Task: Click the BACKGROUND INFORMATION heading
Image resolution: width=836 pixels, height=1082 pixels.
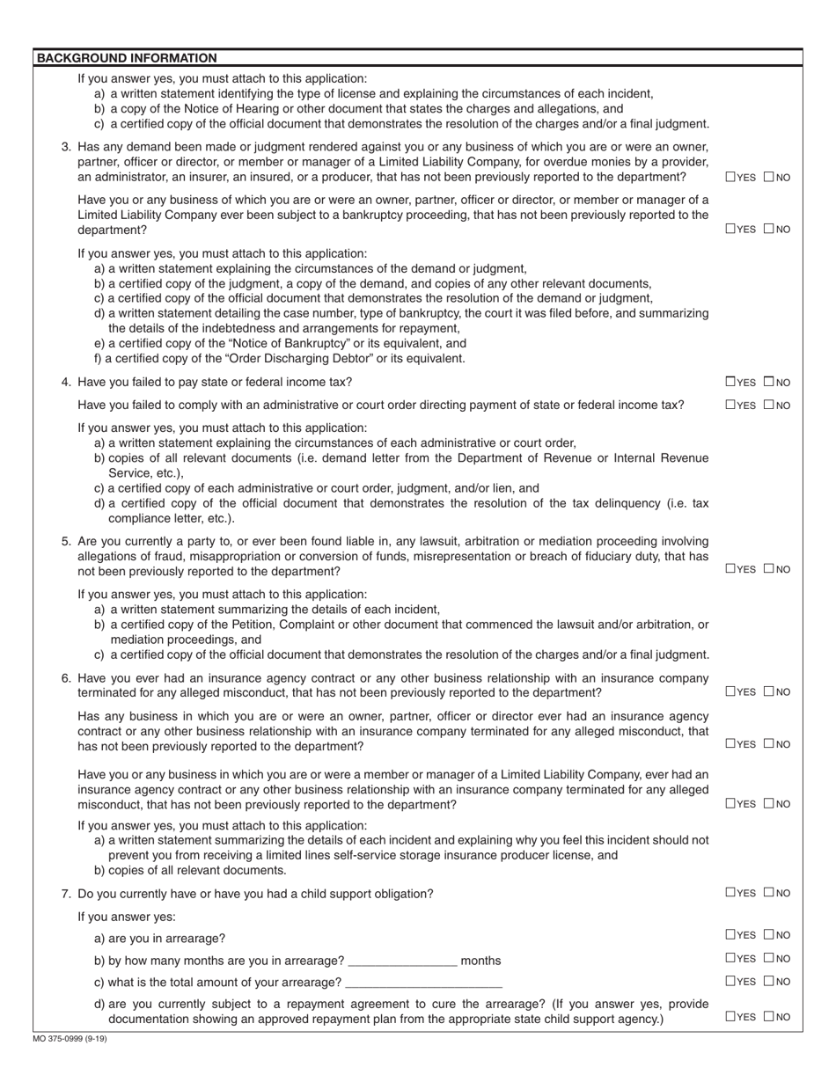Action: [126, 58]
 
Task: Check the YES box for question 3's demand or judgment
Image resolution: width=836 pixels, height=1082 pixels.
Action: [730, 177]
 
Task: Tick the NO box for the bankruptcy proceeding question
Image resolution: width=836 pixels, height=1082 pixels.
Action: [768, 230]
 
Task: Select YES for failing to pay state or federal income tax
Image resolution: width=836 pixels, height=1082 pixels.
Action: [730, 382]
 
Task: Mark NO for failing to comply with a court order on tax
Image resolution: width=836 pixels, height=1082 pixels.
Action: [768, 405]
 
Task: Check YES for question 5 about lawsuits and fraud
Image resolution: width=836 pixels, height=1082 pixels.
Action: [730, 569]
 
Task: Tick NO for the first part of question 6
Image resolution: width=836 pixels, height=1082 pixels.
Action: [768, 692]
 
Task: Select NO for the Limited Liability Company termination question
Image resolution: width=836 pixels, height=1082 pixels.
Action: [768, 803]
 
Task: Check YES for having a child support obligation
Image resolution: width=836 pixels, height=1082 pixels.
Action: [730, 893]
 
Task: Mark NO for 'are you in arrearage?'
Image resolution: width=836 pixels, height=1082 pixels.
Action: [768, 935]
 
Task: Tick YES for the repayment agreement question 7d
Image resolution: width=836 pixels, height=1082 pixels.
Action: [730, 1017]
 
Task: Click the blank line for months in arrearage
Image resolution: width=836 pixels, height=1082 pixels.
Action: [402, 961]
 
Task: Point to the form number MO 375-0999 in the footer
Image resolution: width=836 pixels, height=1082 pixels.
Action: [70, 1039]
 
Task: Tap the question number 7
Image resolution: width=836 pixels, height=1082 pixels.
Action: [66, 894]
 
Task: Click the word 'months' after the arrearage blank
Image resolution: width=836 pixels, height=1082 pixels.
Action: [480, 961]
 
